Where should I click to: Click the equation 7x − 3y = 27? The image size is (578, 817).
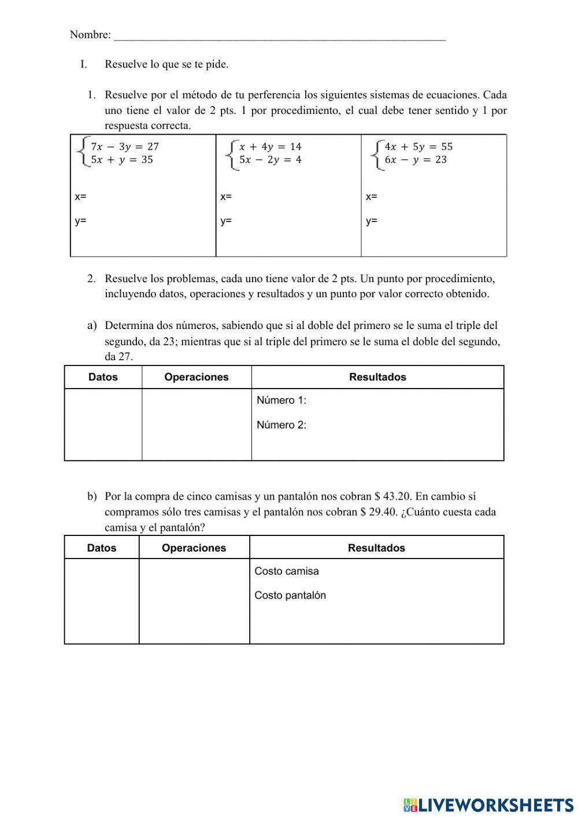point(124,147)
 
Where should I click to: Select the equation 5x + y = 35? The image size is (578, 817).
point(121,160)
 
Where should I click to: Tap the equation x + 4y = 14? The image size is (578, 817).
point(270,147)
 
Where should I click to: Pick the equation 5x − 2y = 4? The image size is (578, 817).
point(270,160)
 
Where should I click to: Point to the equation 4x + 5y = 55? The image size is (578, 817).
point(418,147)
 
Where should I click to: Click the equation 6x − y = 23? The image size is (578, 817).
point(416,160)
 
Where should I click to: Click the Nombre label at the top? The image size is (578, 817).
point(90,35)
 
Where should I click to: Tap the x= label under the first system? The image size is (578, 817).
point(80,197)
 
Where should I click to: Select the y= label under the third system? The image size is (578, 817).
point(372,221)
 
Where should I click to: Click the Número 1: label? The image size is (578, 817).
point(281,400)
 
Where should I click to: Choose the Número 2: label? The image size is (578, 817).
point(281,425)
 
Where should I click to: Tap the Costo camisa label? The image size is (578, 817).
point(287,571)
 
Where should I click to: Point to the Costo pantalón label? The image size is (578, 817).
point(290,596)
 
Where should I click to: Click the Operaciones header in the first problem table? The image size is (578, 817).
point(197,377)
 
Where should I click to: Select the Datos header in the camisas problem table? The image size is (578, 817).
point(102,548)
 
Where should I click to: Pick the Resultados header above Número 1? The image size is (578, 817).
point(377,377)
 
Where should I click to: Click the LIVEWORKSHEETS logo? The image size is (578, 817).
point(488,804)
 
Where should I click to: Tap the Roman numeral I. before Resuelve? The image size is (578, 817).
point(84,64)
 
